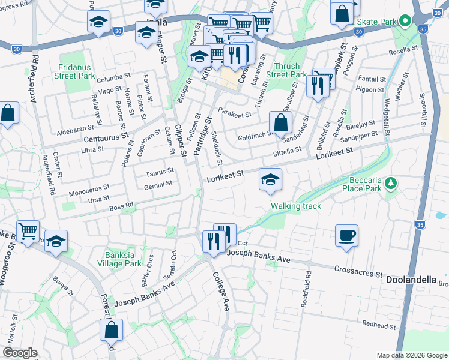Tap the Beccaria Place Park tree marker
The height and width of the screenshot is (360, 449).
click(391, 182)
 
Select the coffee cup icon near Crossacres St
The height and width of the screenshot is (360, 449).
click(346, 235)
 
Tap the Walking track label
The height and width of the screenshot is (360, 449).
click(295, 206)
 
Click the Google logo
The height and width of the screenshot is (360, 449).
click(19, 353)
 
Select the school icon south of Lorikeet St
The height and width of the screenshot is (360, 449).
click(270, 179)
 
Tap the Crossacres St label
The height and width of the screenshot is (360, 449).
click(358, 271)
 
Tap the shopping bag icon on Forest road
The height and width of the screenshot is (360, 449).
click(111, 329)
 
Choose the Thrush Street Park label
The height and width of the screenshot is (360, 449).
click(286, 70)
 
